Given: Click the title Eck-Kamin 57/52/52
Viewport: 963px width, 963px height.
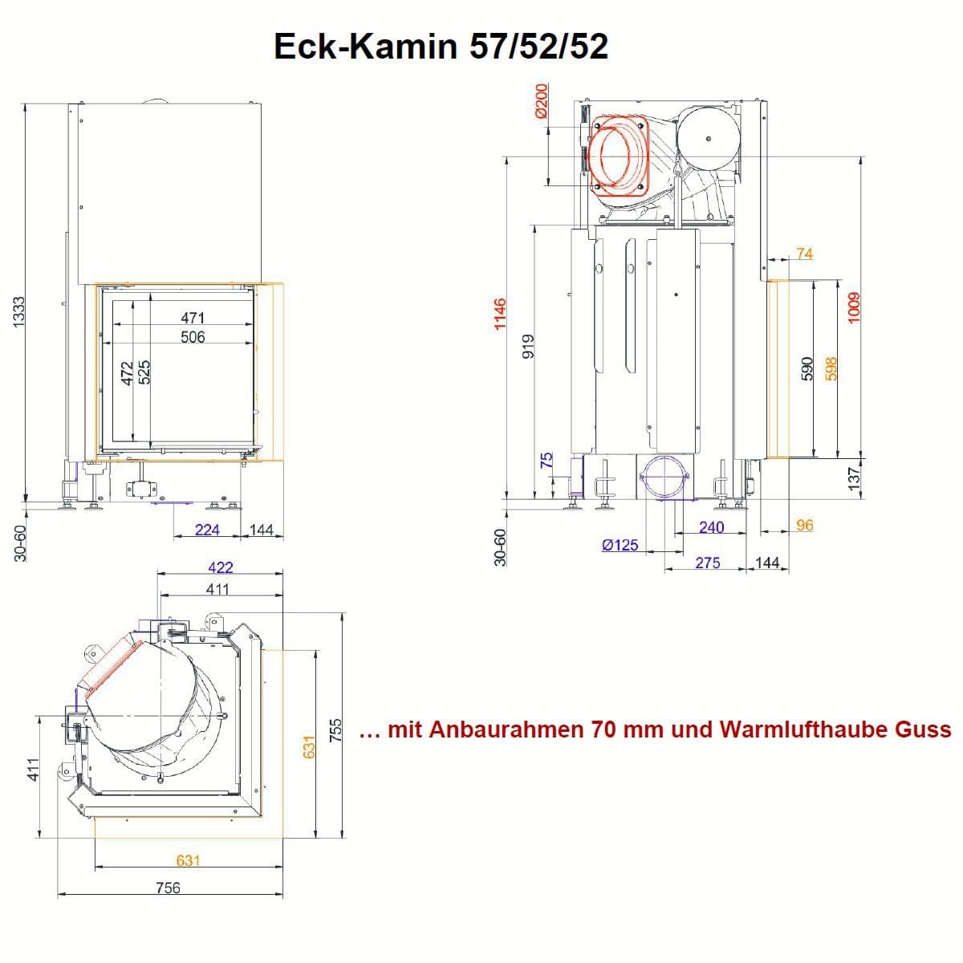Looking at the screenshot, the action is pos(441,47).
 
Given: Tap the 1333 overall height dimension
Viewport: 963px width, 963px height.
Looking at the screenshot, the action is pos(18,312).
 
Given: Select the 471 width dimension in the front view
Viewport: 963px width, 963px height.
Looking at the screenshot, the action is pos(193,317).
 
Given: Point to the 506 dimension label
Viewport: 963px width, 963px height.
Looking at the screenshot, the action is pos(193,337).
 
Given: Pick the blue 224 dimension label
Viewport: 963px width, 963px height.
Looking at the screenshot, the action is pos(207,529).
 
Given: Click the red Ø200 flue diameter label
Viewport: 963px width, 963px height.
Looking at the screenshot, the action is pos(541,101).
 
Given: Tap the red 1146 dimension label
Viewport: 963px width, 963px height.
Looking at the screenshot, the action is pos(500,315).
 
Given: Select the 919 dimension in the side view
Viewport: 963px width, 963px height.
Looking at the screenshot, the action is pos(528,346).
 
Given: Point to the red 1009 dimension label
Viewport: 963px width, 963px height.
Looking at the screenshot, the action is pos(854,307).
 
